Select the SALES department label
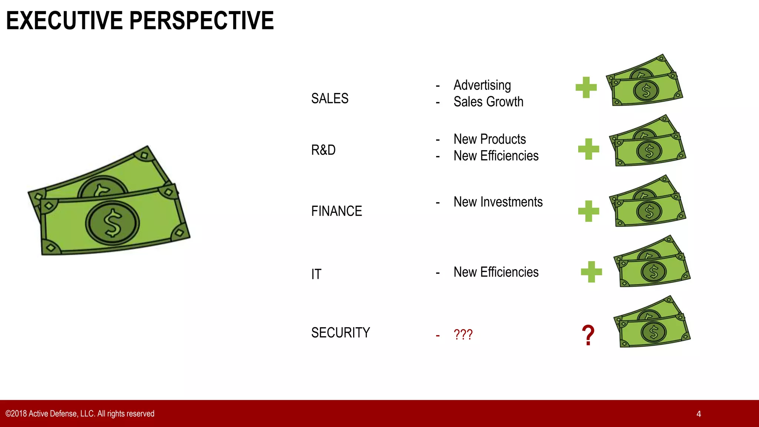click(329, 99)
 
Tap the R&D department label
click(323, 150)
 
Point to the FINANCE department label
click(337, 211)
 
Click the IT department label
click(316, 274)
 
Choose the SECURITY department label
click(340, 333)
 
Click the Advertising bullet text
click(482, 85)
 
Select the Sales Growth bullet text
click(488, 102)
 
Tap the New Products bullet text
click(489, 139)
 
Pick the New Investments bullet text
click(498, 202)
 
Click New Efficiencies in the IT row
click(496, 272)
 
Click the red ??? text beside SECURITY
click(463, 335)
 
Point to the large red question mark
click(588, 335)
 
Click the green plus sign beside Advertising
click(586, 87)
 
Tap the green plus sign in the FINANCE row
click(589, 211)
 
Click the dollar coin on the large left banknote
click(112, 223)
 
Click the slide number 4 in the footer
click(699, 414)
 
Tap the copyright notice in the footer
click(80, 414)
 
